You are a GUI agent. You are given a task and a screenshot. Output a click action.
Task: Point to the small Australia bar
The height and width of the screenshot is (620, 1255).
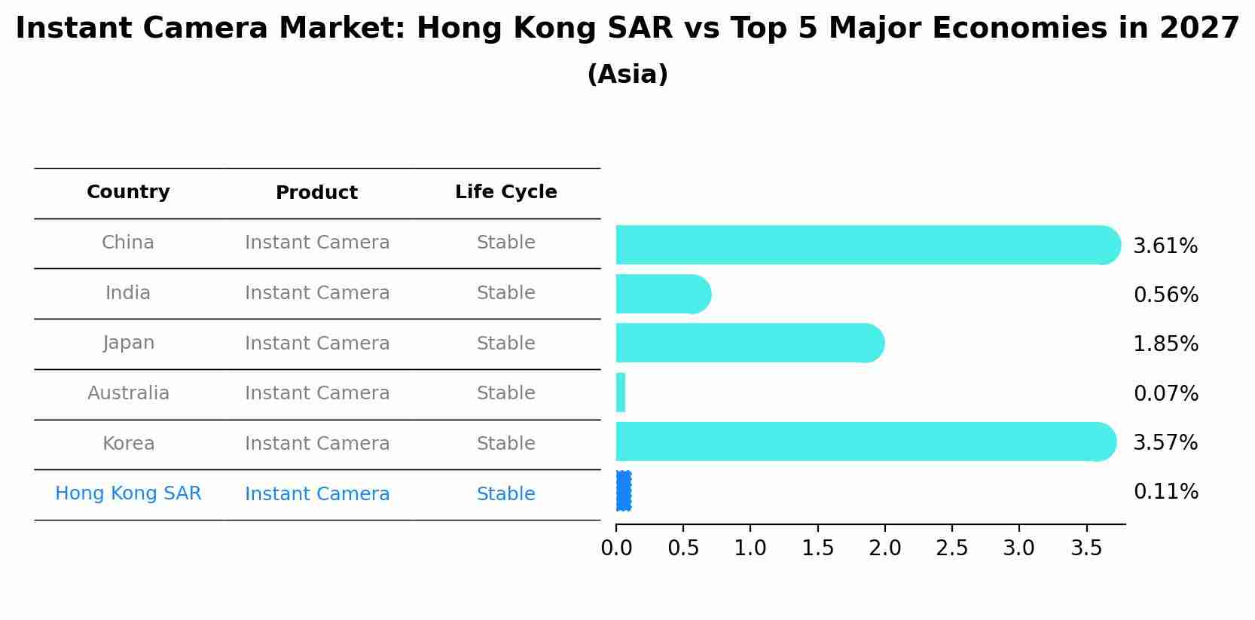[x=621, y=392]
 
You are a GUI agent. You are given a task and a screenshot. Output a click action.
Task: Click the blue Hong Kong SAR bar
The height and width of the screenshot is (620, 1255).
[x=623, y=491]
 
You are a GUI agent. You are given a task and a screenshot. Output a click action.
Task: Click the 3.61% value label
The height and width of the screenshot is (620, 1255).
[x=1165, y=246]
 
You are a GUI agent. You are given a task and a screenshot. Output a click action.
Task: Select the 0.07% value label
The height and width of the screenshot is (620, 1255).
[x=1165, y=393]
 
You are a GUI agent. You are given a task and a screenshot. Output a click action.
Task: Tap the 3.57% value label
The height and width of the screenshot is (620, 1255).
[x=1165, y=442]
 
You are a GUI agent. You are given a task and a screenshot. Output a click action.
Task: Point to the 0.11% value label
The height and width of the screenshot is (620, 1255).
[x=1165, y=492]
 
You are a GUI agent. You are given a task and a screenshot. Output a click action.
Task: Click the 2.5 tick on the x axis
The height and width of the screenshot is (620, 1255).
[x=951, y=548]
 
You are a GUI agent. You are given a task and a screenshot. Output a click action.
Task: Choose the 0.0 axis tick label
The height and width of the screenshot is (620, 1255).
[x=616, y=548]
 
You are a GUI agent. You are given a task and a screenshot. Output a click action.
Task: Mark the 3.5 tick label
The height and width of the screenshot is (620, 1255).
[x=1086, y=548]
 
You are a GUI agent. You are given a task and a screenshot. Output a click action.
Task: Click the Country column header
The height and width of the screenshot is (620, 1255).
[x=128, y=192]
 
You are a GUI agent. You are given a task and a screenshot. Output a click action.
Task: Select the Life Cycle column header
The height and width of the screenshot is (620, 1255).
[x=505, y=192]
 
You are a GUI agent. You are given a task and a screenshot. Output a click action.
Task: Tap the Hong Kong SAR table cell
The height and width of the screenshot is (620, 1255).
[x=128, y=493]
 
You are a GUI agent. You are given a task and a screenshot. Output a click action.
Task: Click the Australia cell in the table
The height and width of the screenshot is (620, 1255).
[x=128, y=393]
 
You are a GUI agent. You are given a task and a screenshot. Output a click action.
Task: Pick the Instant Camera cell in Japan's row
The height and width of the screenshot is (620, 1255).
[x=317, y=344]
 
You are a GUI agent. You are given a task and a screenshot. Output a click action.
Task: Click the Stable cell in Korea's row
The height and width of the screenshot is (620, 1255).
[x=505, y=444]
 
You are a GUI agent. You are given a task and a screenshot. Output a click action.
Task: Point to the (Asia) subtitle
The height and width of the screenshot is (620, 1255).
[x=627, y=75]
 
